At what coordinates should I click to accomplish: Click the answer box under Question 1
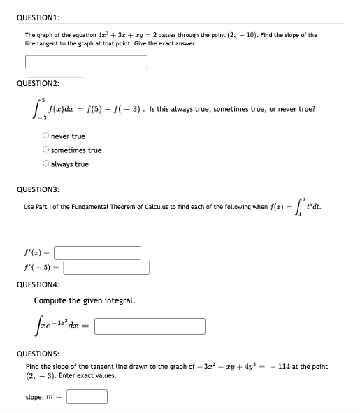click(x=86, y=61)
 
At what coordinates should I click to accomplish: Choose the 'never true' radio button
click(x=45, y=136)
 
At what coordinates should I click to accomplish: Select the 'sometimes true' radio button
click(x=45, y=150)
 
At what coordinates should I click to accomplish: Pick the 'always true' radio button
click(x=45, y=164)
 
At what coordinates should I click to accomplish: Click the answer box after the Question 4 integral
click(x=149, y=326)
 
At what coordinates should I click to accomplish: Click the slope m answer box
click(x=87, y=397)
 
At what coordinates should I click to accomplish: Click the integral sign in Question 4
click(x=36, y=326)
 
